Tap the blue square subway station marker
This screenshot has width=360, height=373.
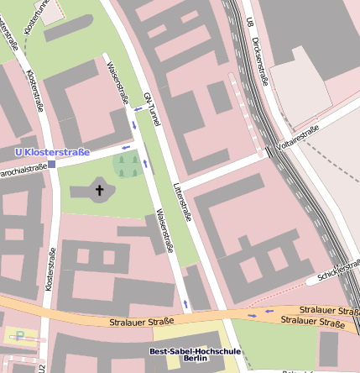pos(52,165)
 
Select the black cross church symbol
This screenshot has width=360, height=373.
pos(100,191)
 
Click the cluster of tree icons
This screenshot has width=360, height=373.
pos(128,165)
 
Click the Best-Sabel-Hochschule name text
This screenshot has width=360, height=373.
pos(195,351)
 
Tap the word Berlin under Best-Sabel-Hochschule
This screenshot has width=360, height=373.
pos(195,360)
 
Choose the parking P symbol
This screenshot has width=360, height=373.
pos(19,336)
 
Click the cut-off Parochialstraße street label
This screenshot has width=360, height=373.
pos(23,170)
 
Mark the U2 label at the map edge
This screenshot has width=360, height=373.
pos(39,366)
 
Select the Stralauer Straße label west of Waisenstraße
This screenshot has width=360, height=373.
pos(141,321)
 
